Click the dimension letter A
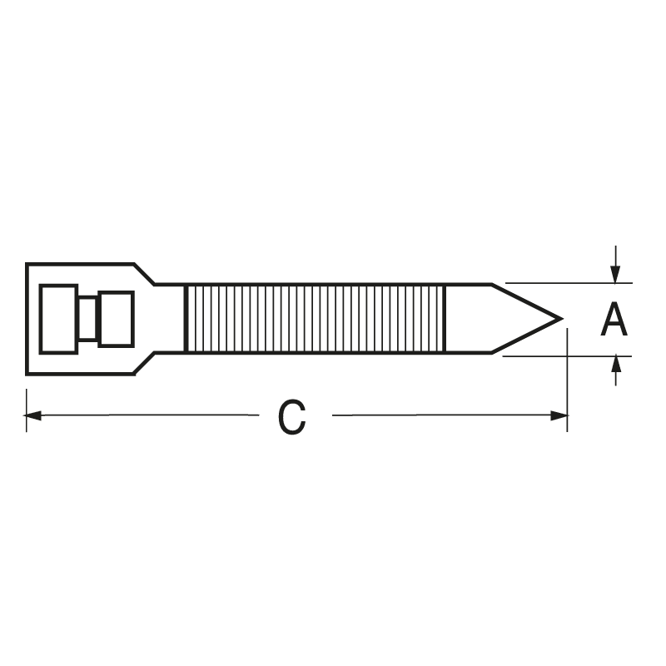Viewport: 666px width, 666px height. point(614,321)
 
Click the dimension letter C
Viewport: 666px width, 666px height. point(291,418)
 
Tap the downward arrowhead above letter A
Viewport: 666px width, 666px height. point(614,275)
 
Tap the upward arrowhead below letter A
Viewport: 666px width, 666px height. point(615,363)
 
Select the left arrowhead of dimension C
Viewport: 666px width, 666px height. point(33,415)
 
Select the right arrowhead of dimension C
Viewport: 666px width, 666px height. point(559,415)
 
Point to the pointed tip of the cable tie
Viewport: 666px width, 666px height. point(561,318)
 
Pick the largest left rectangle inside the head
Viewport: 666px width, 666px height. point(58,319)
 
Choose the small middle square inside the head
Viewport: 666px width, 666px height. point(87,319)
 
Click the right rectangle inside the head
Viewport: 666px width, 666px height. point(116,319)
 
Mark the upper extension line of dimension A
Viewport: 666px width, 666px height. point(566,283)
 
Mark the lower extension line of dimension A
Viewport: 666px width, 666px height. point(566,355)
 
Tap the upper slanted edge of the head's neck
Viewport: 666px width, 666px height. point(145,274)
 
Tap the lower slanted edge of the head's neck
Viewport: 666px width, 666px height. point(145,364)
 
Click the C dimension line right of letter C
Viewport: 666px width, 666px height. point(441,415)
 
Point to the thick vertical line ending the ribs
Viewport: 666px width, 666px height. point(445,318)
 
